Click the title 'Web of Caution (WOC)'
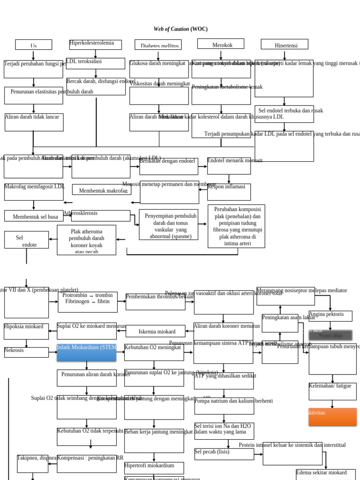(180, 29)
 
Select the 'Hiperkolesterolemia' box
(95, 45)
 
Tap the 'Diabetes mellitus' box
(158, 45)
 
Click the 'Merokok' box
(221, 44)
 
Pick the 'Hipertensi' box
(285, 45)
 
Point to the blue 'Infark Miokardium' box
(86, 352)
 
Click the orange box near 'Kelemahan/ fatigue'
(332, 416)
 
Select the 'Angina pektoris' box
(330, 315)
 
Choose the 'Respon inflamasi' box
(229, 191)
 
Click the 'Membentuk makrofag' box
(102, 190)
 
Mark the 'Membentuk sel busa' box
(34, 216)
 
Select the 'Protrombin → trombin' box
(88, 302)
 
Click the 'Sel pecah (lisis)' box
(224, 454)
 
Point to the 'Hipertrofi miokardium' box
(154, 467)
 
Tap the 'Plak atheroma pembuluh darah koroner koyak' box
(87, 240)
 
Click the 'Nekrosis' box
(26, 352)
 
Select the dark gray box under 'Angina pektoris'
(330, 335)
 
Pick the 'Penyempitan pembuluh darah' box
(168, 225)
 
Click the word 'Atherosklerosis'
(80, 213)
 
